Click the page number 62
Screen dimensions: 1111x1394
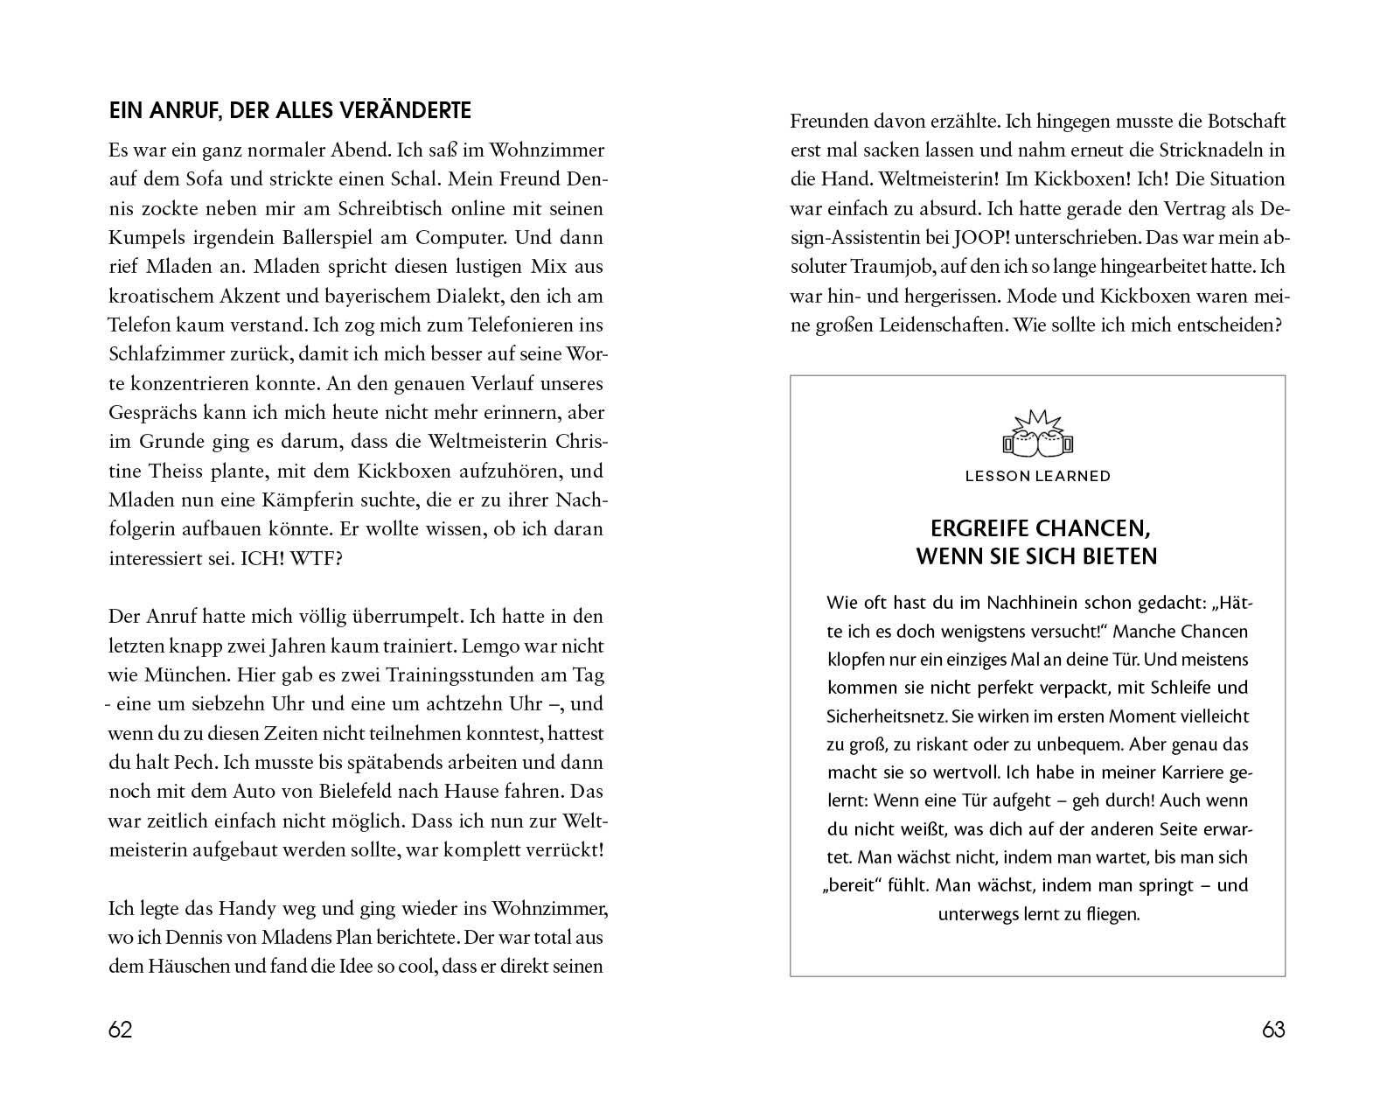tap(120, 1030)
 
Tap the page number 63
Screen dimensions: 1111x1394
tap(1273, 1030)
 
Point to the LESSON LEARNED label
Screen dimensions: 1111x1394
tap(1037, 476)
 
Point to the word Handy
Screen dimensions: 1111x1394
tap(232, 908)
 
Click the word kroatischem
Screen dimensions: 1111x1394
tap(161, 296)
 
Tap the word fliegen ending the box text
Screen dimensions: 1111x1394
tap(1108, 916)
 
